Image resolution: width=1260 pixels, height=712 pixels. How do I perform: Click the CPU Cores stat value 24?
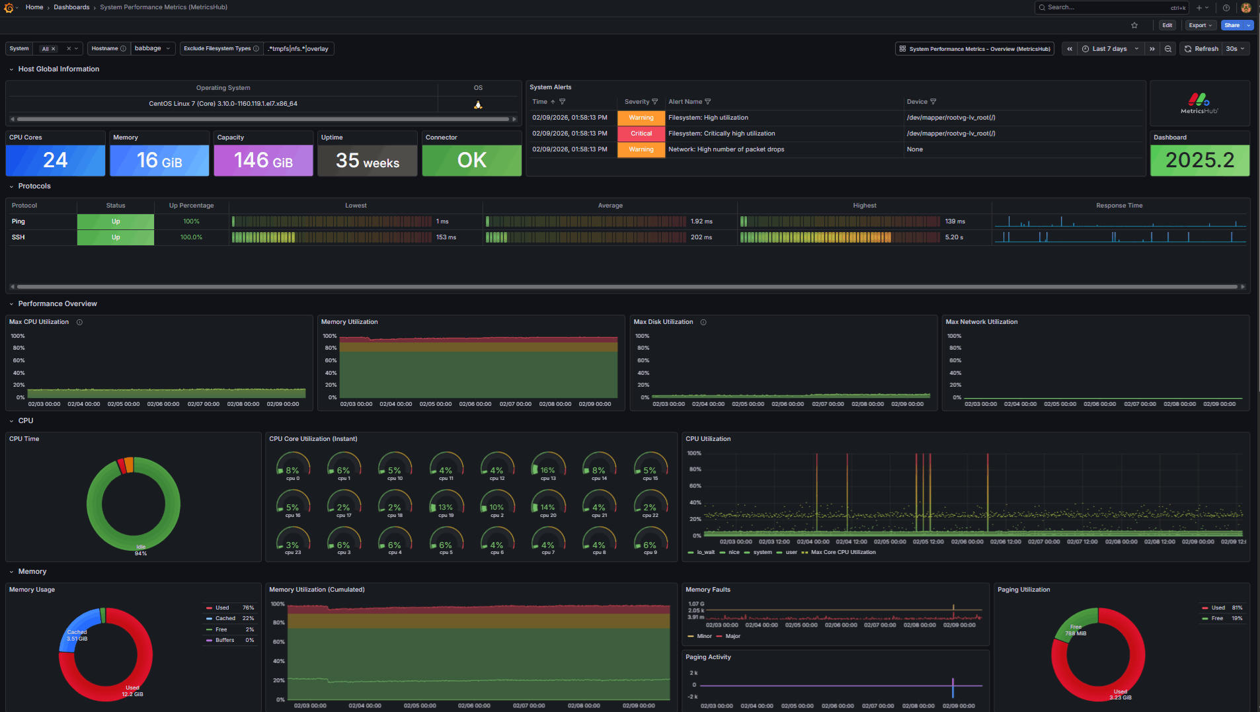point(56,160)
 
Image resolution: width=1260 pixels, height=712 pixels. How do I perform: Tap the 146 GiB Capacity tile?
point(263,160)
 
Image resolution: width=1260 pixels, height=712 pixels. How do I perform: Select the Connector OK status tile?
point(471,160)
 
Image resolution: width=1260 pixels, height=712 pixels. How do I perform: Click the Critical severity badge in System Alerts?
point(641,134)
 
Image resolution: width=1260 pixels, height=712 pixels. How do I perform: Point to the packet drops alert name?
point(726,149)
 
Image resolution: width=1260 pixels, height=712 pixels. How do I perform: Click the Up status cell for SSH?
point(116,237)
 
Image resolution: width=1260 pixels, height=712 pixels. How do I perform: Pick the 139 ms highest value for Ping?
point(955,221)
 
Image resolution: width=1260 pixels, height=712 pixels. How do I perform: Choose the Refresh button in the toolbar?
point(1201,49)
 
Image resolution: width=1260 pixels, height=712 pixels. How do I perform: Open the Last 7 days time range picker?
point(1109,49)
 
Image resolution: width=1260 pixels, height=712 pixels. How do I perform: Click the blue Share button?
point(1232,25)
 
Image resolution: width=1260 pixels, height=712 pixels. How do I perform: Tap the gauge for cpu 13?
point(548,466)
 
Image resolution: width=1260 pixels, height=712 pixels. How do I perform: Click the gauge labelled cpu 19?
point(446,503)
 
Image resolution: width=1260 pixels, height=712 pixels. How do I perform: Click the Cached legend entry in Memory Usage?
point(225,618)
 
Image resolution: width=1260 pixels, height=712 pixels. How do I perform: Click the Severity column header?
point(637,102)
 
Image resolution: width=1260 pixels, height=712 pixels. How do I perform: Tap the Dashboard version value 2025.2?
point(1199,160)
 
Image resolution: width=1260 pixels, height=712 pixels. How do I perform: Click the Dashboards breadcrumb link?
point(71,7)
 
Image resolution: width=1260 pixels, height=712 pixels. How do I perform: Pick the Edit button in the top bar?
point(1167,25)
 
